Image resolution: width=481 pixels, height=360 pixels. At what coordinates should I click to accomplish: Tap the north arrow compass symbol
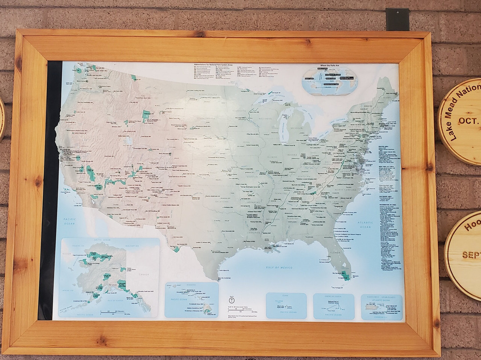click(x=231, y=301)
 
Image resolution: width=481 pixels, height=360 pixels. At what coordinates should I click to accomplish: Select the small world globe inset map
click(x=330, y=81)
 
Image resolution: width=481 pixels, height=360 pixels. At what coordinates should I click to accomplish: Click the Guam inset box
click(x=286, y=306)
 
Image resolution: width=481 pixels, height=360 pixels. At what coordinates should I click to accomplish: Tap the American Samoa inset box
click(x=334, y=306)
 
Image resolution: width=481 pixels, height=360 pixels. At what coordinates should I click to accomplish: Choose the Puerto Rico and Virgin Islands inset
click(x=381, y=307)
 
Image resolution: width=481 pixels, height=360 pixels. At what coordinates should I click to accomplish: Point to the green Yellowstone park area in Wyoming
click(x=146, y=116)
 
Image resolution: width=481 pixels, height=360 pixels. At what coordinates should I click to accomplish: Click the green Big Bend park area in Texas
click(x=176, y=249)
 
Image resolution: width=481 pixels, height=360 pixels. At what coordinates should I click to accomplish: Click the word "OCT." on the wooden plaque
click(x=468, y=121)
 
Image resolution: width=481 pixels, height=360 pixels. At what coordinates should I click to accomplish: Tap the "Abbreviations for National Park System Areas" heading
click(x=211, y=65)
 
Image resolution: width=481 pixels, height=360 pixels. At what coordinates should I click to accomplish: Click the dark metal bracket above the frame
click(x=397, y=20)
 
